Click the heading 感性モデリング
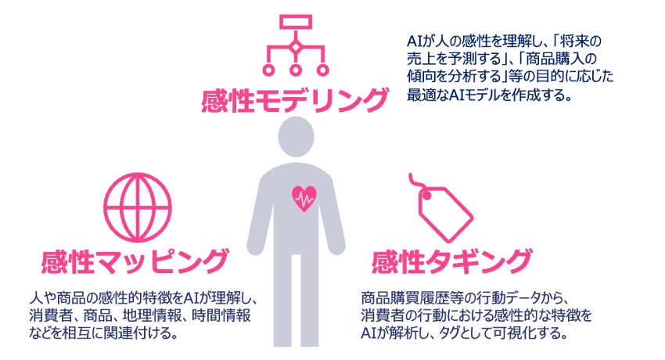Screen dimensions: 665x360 click(x=294, y=101)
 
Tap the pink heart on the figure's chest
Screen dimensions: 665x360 click(x=301, y=199)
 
